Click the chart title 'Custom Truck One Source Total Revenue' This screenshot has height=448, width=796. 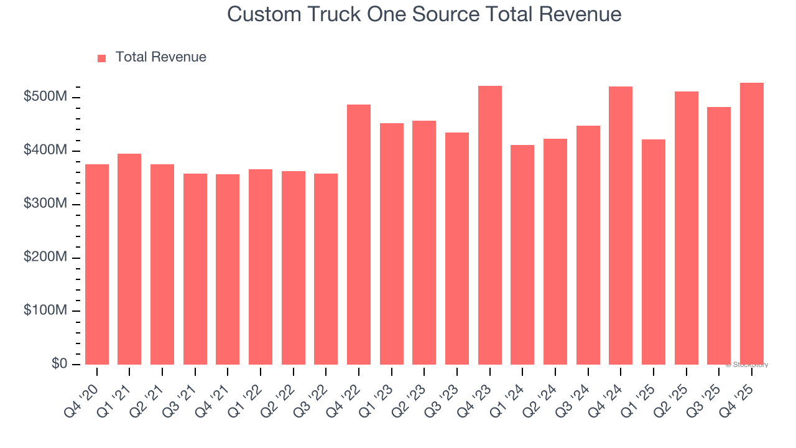coord(424,14)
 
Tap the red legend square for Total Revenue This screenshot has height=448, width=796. coord(102,58)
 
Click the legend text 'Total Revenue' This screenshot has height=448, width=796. coord(160,57)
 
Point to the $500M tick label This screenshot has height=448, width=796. coord(45,97)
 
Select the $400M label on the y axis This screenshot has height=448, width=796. coord(45,151)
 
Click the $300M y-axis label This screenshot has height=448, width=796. coord(45,204)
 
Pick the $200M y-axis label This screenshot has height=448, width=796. coord(45,258)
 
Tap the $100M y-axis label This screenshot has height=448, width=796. coord(45,310)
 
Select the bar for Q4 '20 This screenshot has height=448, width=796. coord(97,264)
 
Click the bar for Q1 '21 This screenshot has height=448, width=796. coord(129,259)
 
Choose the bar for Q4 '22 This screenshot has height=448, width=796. coord(359,235)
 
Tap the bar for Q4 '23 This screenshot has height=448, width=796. coord(490,225)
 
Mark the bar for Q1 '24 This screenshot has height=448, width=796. coord(522,254)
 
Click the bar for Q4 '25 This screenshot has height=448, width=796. coord(752,224)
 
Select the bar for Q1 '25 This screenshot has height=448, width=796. coord(654,252)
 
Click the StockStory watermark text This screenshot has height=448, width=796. coord(746,365)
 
